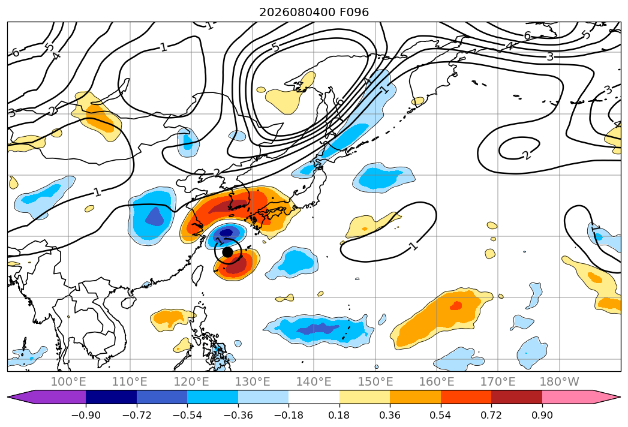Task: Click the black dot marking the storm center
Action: click(x=227, y=252)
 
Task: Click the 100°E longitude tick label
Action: click(x=68, y=382)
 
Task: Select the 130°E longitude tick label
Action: click(x=253, y=382)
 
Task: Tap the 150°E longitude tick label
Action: click(x=375, y=382)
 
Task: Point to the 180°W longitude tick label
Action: click(x=560, y=382)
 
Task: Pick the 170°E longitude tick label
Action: click(x=498, y=382)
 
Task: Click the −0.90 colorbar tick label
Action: click(x=86, y=415)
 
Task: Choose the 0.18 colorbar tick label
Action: click(x=339, y=415)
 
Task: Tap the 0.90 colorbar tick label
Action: click(x=542, y=415)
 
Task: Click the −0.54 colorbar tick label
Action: click(x=187, y=415)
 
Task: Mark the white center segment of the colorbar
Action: click(x=314, y=396)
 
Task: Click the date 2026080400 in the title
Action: click(x=297, y=13)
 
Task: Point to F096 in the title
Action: click(x=354, y=13)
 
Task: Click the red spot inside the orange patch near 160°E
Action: click(x=456, y=306)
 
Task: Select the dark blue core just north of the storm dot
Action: click(x=227, y=232)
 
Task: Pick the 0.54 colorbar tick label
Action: click(x=441, y=415)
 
